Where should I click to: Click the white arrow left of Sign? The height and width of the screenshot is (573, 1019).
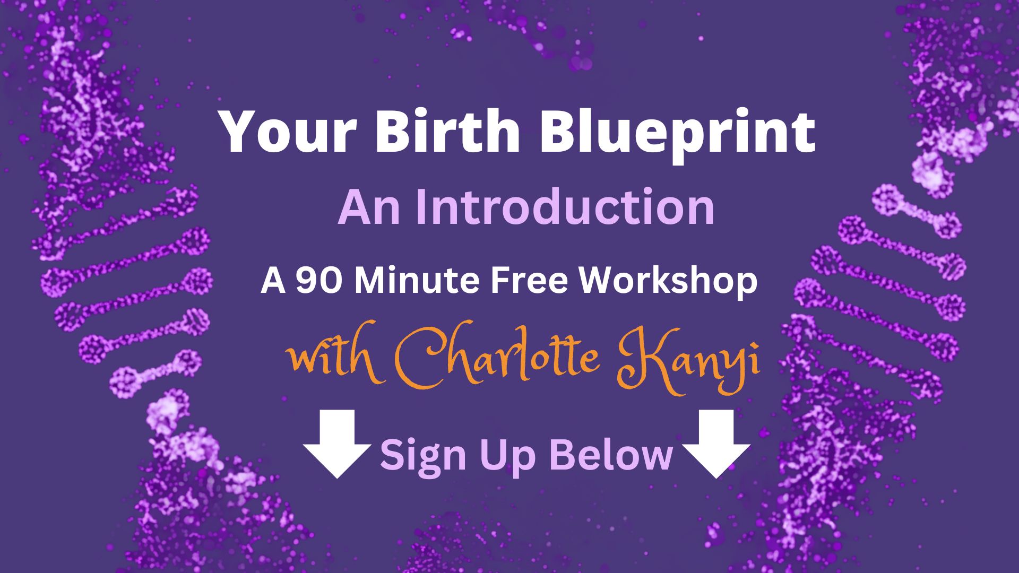[337, 444]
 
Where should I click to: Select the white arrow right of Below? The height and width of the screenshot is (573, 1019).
[716, 444]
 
